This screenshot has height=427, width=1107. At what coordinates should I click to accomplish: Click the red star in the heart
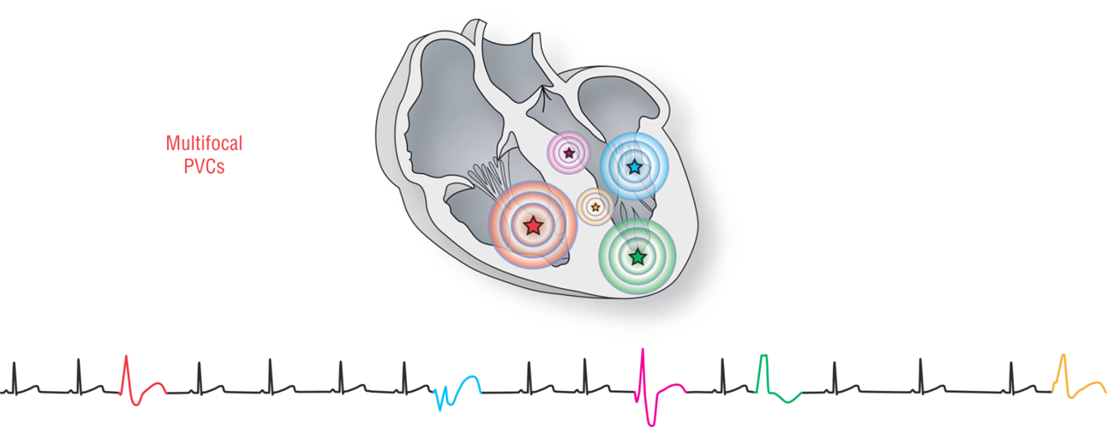tap(532, 226)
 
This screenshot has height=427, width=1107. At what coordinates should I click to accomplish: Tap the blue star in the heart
tap(634, 165)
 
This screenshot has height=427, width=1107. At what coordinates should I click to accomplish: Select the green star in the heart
tap(638, 257)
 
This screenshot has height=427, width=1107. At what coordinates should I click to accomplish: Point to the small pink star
tap(568, 153)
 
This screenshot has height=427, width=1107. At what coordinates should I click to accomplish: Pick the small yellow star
tap(596, 207)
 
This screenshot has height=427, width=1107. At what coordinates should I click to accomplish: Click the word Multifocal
tap(204, 142)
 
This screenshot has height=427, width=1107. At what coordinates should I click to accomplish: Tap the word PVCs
tap(204, 167)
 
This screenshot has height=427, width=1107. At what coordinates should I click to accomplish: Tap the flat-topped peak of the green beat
tap(763, 356)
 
